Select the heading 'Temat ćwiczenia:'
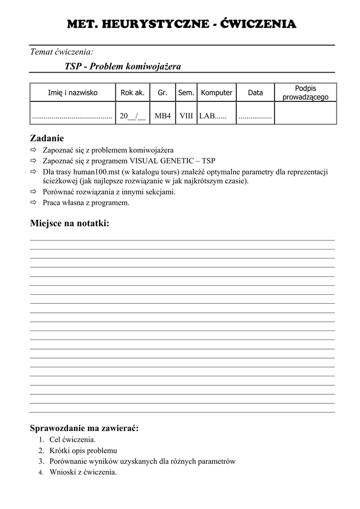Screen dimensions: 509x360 click(62, 51)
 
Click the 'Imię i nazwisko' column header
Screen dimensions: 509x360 click(73, 92)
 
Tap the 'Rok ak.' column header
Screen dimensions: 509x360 click(133, 92)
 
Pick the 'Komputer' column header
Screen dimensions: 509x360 click(217, 92)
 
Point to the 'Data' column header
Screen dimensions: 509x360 click(255, 92)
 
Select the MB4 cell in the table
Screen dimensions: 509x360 click(163, 116)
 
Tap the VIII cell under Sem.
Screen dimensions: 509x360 click(186, 116)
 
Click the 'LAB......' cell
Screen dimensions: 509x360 click(213, 116)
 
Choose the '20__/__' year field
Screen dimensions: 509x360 click(133, 116)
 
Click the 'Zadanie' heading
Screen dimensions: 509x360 click(47, 138)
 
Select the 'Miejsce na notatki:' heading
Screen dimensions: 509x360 click(70, 224)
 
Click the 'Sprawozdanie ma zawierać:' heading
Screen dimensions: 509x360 click(84, 428)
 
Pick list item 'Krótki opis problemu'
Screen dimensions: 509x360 click(83, 450)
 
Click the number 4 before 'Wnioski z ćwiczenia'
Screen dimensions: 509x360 click(41, 473)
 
